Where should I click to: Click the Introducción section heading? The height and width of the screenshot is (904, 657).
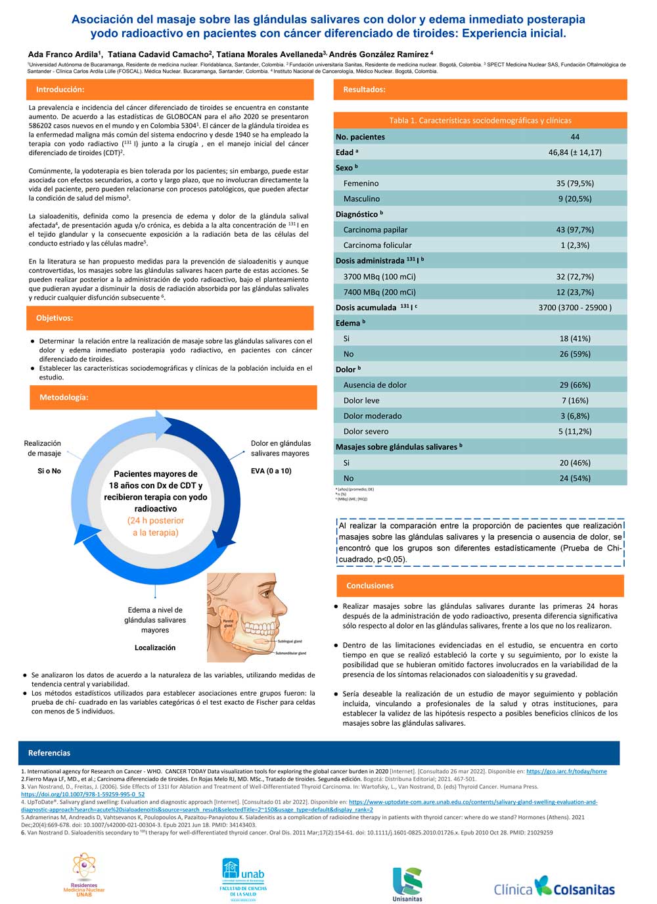(x=60, y=89)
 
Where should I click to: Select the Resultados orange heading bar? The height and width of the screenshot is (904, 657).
(x=365, y=89)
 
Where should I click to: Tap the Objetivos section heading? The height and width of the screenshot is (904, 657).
(x=55, y=318)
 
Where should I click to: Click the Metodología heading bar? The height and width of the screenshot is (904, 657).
(x=64, y=398)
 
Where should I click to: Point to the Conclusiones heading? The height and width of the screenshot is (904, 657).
(x=370, y=586)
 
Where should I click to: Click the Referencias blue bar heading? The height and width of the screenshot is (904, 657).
(x=49, y=753)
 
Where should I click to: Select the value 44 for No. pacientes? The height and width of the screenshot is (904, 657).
(x=575, y=137)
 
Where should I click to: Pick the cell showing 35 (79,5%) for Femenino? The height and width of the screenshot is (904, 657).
(x=575, y=183)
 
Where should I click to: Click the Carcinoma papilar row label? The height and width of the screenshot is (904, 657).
(x=375, y=229)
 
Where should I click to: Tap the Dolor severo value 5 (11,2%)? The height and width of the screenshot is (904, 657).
(x=575, y=431)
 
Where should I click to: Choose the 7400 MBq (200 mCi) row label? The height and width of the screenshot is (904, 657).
(x=379, y=292)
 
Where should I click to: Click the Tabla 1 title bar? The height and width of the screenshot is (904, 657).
(x=480, y=120)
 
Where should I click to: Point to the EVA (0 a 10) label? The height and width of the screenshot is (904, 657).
(x=271, y=471)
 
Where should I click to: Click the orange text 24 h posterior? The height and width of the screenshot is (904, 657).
(x=156, y=521)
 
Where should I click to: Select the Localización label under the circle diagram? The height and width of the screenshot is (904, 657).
(x=155, y=648)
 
